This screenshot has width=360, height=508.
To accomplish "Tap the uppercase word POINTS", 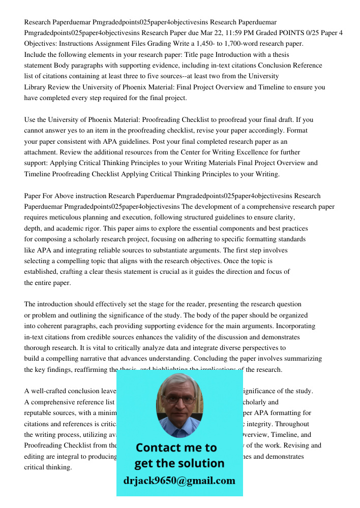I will tap(290, 33).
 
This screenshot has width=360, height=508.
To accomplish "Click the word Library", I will tap(36, 87).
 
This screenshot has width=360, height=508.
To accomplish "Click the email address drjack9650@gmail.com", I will tap(179, 481).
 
